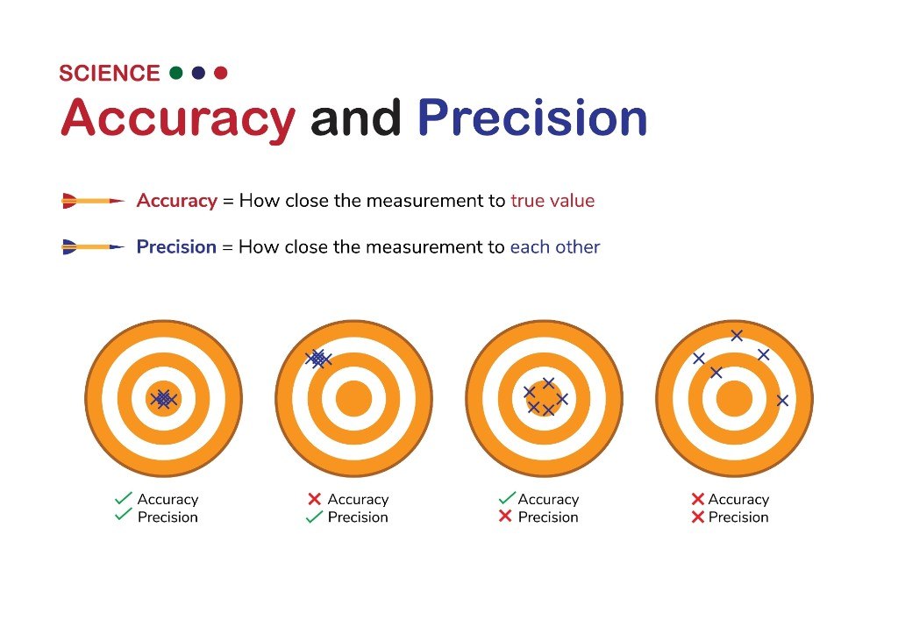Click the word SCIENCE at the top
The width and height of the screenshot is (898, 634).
pos(110,74)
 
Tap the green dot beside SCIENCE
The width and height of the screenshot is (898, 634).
pos(176,73)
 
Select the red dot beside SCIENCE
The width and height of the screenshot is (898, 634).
pos(220,73)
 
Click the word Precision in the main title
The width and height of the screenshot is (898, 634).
pos(532,118)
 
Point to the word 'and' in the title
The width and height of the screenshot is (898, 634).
pos(356,118)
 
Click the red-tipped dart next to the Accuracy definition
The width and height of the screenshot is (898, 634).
pos(93,201)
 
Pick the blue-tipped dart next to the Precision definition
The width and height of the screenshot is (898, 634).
pos(93,246)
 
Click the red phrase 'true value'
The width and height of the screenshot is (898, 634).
pos(552,201)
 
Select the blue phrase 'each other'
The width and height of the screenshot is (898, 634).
pos(555,246)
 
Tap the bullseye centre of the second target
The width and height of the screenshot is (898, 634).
pos(354,399)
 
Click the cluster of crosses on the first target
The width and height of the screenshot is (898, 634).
pos(164,399)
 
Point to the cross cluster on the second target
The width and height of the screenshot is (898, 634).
pos(318,360)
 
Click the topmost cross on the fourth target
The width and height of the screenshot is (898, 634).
pos(737,336)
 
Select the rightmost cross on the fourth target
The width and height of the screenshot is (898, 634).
pos(782,401)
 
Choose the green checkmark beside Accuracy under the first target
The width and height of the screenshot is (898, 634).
pos(123,498)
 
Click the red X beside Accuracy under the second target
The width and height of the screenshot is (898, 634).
pos(315,499)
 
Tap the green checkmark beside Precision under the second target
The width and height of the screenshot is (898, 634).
pos(314,516)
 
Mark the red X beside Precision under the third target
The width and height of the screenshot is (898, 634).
pos(504,516)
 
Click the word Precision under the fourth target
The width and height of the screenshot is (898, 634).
pos(738,517)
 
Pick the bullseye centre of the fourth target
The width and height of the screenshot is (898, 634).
pos(734,399)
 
